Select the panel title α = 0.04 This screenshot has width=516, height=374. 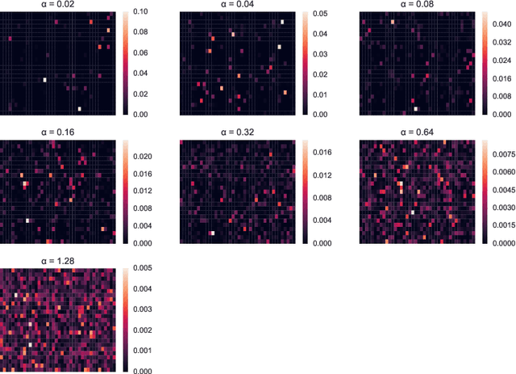tap(236, 6)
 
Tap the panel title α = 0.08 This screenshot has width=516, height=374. tap(415, 6)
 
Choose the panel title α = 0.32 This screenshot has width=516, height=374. tap(236, 132)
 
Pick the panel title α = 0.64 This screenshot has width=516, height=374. tap(415, 132)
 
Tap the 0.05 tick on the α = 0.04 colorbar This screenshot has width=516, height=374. tap(318, 14)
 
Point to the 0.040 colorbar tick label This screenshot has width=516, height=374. tap(501, 25)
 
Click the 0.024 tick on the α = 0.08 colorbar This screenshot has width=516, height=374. tap(501, 61)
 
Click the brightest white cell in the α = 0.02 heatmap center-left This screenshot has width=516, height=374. tap(45, 79)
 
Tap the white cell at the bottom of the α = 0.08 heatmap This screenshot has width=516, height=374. tap(416, 108)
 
